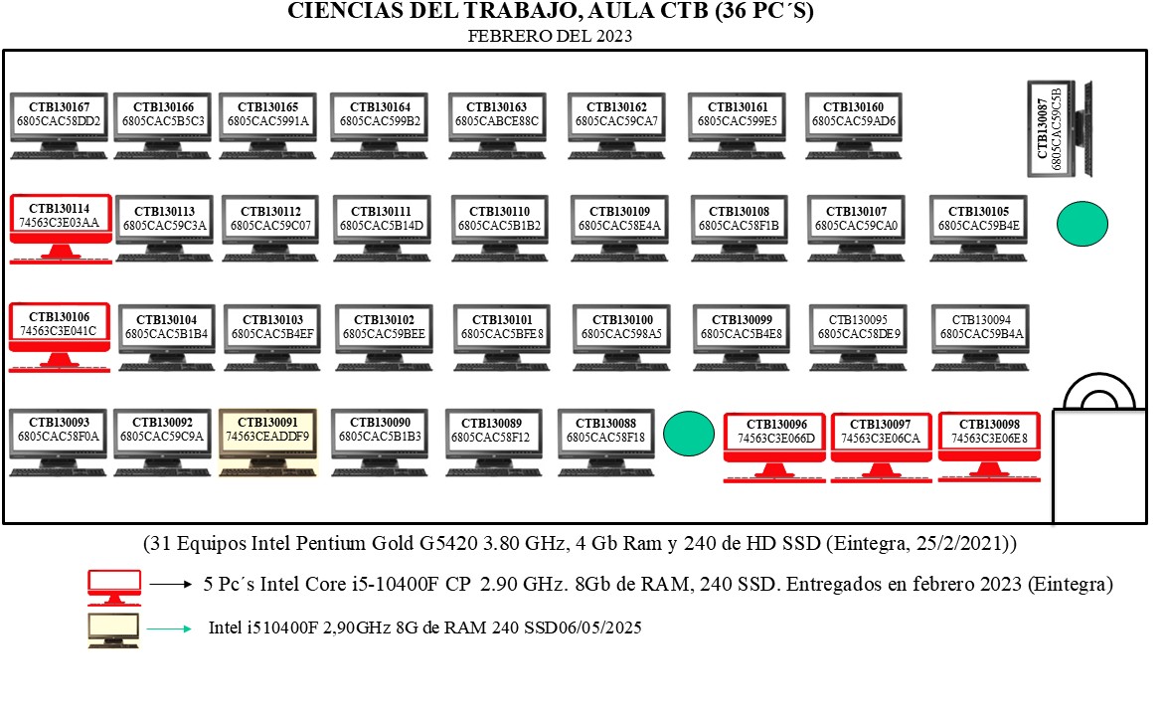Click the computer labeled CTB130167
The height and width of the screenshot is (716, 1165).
click(x=60, y=125)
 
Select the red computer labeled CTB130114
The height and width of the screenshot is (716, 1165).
click(x=61, y=229)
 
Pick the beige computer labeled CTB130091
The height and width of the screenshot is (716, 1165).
click(x=268, y=442)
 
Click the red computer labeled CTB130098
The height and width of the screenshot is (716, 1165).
click(x=989, y=447)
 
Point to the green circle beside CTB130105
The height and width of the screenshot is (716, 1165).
click(x=1082, y=224)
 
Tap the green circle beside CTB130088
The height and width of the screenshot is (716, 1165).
click(x=689, y=434)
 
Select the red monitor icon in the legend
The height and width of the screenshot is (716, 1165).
click(x=114, y=588)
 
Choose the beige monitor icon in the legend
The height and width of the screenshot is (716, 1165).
click(x=113, y=630)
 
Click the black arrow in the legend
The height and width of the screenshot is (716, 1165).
click(x=171, y=585)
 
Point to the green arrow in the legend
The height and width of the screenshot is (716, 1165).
click(x=169, y=629)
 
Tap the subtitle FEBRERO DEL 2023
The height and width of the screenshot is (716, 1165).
click(x=550, y=36)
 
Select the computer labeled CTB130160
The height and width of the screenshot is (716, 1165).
click(x=854, y=125)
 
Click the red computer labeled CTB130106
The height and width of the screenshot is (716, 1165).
click(x=60, y=337)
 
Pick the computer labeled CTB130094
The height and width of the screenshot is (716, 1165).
click(x=981, y=337)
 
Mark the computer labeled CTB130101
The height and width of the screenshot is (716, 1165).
click(x=502, y=337)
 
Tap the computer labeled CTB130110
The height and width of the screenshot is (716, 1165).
click(x=499, y=229)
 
